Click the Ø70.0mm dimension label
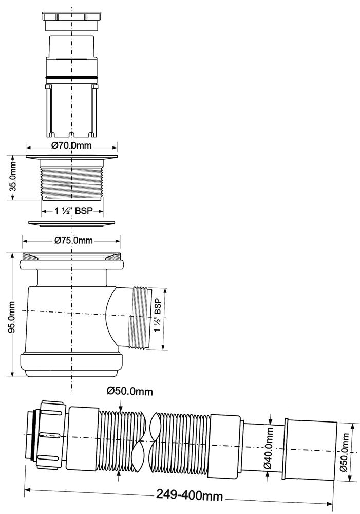(71, 145)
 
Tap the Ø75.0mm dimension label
(74, 241)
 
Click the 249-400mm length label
(189, 495)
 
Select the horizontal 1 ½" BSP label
(74, 211)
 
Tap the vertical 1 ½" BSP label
(158, 315)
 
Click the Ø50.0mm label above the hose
(130, 391)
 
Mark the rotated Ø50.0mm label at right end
(345, 452)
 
